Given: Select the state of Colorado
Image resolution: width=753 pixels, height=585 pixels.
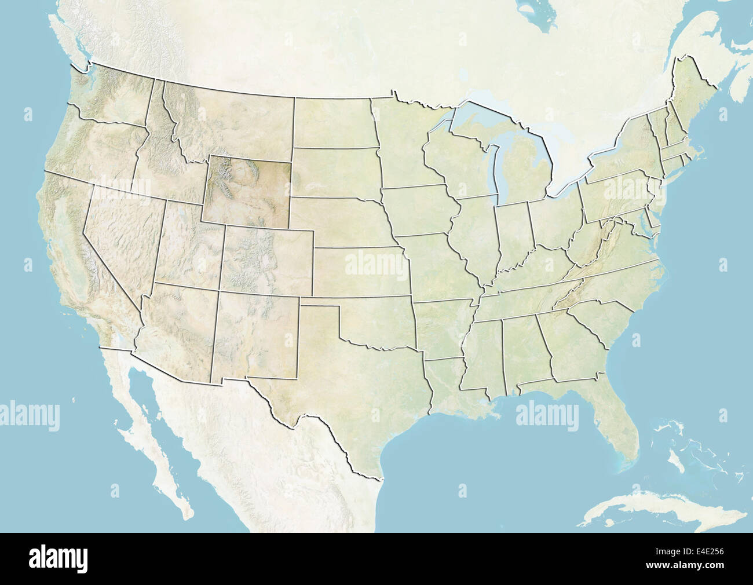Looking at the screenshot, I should [x=266, y=261].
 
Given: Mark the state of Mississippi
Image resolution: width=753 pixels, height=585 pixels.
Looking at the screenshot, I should [x=484, y=353].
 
